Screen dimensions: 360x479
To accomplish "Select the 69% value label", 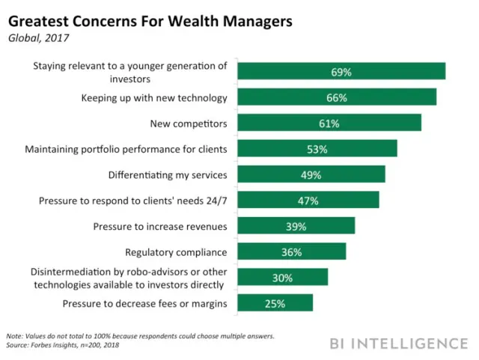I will coord(341,72).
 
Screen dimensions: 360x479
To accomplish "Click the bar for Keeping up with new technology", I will coord(338,97).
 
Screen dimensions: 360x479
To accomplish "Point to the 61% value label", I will coord(329,123).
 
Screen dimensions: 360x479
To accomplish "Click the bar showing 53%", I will coord(317,149).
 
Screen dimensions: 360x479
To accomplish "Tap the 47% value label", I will coord(308,201).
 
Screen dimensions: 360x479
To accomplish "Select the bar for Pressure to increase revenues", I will coord(296,226).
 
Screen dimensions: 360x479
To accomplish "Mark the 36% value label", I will coord(291,252).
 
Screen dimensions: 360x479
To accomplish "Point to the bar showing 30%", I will coord(283,278).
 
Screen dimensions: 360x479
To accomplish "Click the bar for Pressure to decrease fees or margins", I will coord(275,303).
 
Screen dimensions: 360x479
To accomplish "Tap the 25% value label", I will coord(275,303).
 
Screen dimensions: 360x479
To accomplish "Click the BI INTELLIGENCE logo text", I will coord(398,344).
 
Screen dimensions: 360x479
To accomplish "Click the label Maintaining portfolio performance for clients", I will coord(126,148).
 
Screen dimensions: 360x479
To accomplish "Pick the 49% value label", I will coord(311,175).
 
